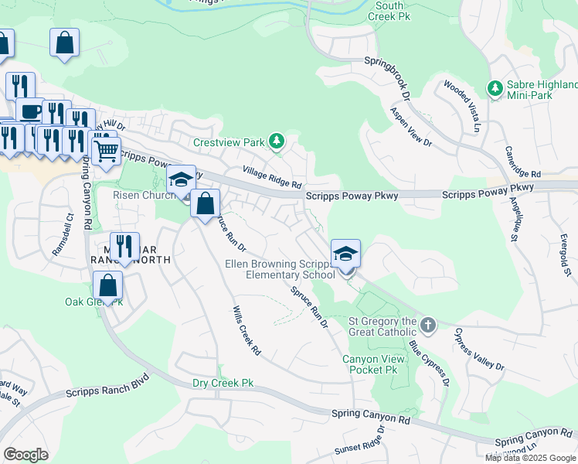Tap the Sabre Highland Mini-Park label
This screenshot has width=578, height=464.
[x=541, y=90]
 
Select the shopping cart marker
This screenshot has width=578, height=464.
[x=107, y=150]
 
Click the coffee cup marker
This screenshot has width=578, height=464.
[x=30, y=111]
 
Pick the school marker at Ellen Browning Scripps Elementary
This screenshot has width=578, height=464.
[x=345, y=254]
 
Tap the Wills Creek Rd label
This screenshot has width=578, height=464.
[x=246, y=330]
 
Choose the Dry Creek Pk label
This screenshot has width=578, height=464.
[x=223, y=383]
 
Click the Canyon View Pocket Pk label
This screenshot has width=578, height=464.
[x=370, y=364]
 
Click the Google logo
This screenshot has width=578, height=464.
[x=25, y=454]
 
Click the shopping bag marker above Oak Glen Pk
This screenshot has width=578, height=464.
[x=107, y=286]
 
